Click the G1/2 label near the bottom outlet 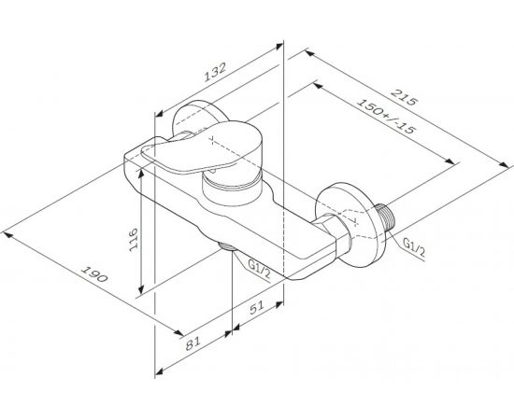[x=261, y=270]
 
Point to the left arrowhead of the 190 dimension [x=7, y=226]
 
